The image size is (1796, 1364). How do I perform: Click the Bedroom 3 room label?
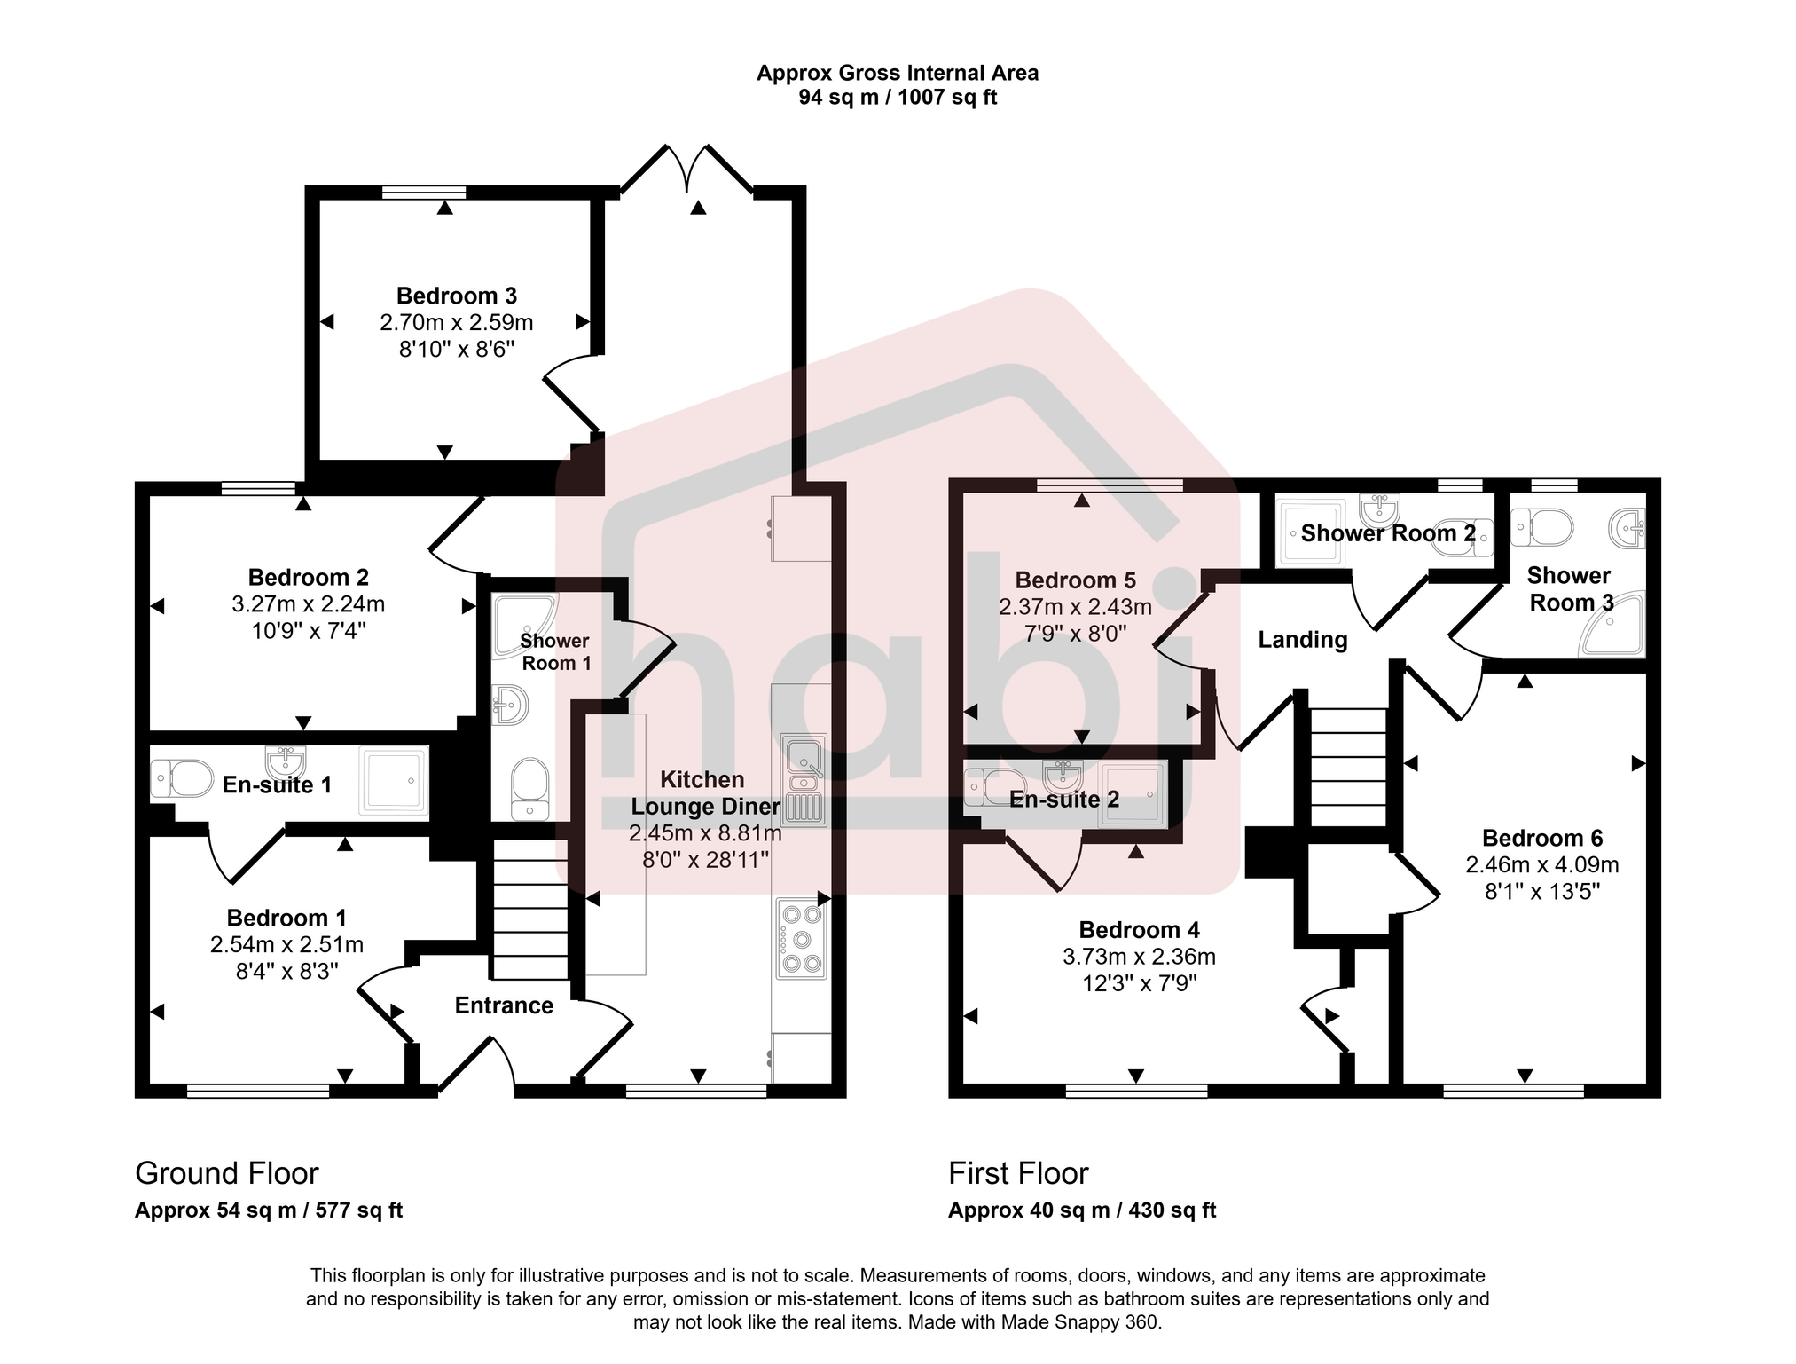tap(456, 296)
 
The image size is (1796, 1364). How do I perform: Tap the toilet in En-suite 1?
tap(183, 778)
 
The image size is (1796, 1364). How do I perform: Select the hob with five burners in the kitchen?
tap(802, 939)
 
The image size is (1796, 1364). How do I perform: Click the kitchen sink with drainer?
tap(804, 780)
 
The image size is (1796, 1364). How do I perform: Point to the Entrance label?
tap(504, 1005)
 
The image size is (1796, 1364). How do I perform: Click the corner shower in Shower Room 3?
tap(1614, 627)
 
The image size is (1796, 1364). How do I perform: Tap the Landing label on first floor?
tap(1302, 640)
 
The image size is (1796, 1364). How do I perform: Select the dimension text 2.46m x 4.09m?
tap(1541, 865)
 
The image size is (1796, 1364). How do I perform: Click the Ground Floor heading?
tap(226, 1173)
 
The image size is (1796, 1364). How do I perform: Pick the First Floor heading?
tap(1017, 1173)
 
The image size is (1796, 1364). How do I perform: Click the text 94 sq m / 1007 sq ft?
tap(897, 98)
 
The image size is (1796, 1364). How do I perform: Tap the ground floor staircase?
tap(530, 910)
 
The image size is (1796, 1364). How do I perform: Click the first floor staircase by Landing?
tap(1348, 768)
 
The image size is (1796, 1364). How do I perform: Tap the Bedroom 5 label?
tap(1075, 580)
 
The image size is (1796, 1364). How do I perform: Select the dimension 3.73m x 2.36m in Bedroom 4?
tap(1139, 957)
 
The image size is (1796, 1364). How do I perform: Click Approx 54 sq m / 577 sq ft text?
tap(269, 1210)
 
